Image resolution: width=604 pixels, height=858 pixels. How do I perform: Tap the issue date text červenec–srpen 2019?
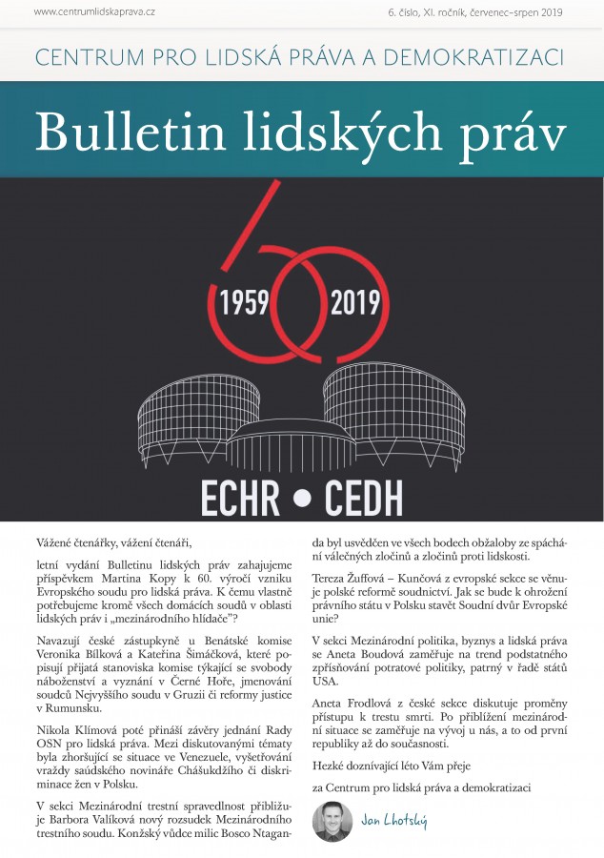521,11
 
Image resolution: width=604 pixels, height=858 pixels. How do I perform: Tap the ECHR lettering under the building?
251,497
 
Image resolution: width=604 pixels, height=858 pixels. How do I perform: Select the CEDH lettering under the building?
364,497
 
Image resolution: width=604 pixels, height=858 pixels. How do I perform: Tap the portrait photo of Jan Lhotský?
332,821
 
